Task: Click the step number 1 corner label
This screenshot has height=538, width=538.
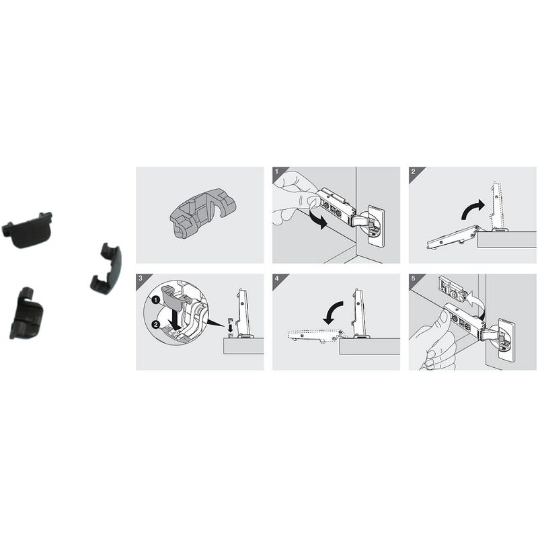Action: click(x=277, y=171)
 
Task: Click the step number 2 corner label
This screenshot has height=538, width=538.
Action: click(x=413, y=171)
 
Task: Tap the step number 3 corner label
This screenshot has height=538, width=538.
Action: click(x=141, y=278)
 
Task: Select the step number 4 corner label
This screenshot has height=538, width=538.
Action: click(x=277, y=278)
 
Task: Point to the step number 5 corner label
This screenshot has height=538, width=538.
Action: click(x=413, y=278)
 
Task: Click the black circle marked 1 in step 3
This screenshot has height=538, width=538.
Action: click(x=156, y=301)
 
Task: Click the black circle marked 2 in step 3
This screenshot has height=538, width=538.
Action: click(x=155, y=324)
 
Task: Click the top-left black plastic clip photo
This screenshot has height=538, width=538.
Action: click(x=28, y=229)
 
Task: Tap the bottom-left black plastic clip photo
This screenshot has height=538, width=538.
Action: click(x=26, y=313)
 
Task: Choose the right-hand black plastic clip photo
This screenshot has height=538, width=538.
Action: click(x=106, y=268)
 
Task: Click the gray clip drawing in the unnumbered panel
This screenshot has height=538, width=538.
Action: click(x=203, y=213)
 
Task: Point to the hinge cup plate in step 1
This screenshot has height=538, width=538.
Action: click(x=375, y=226)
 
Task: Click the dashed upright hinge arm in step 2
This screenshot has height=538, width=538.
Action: click(x=496, y=206)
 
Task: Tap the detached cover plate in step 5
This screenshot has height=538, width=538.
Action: click(x=452, y=289)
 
